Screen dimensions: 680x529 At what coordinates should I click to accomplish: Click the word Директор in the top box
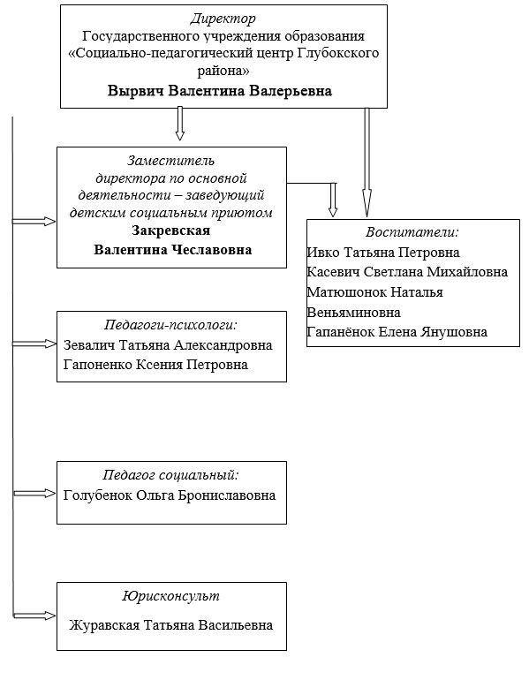pyautogui.click(x=223, y=18)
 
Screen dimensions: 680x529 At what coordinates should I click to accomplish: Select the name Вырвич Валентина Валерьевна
pyautogui.click(x=220, y=91)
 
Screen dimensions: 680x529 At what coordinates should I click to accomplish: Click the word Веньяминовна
pyautogui.click(x=353, y=313)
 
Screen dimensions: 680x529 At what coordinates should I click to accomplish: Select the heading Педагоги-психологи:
pyautogui.click(x=170, y=324)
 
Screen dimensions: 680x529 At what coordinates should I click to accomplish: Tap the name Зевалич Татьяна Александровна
pyautogui.click(x=168, y=344)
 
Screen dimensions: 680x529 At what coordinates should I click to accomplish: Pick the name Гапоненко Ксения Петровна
pyautogui.click(x=155, y=364)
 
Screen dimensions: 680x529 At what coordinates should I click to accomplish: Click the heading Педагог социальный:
pyautogui.click(x=170, y=474)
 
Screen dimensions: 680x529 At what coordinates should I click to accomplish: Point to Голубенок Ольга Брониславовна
pyautogui.click(x=170, y=495)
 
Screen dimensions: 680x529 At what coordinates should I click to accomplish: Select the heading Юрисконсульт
pyautogui.click(x=171, y=597)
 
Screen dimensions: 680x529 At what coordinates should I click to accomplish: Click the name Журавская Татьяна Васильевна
pyautogui.click(x=170, y=625)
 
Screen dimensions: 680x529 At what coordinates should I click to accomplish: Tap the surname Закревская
pyautogui.click(x=171, y=231)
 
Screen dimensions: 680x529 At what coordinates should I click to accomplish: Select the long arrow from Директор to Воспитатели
pyautogui.click(x=366, y=159)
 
